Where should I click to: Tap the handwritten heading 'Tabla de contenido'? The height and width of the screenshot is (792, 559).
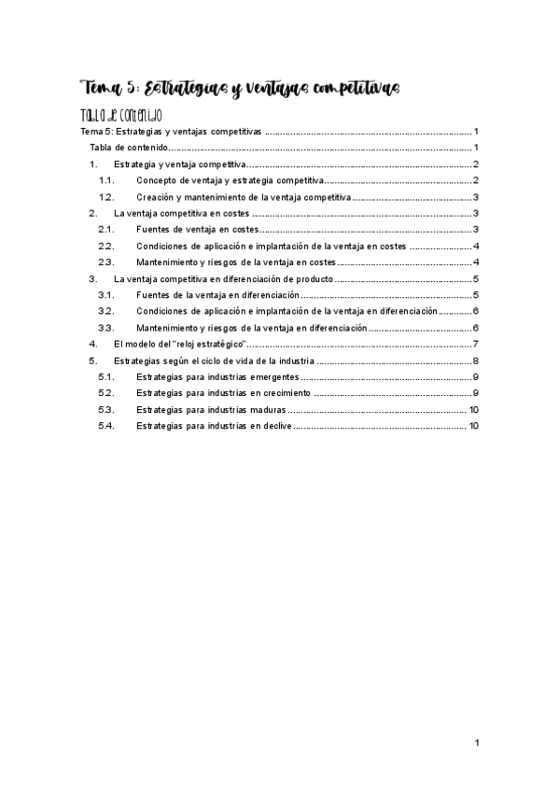122,116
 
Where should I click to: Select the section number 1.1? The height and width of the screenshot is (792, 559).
106,180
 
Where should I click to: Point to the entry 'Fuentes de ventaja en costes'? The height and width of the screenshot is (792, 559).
195,230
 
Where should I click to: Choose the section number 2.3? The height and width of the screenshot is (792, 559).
106,262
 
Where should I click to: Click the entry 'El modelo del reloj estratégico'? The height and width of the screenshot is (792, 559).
179,344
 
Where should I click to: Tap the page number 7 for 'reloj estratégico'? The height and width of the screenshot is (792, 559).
476,344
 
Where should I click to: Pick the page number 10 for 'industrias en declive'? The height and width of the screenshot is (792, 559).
474,426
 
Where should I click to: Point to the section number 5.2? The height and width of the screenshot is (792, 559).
106,393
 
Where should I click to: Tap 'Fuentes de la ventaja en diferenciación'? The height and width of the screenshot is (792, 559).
217,295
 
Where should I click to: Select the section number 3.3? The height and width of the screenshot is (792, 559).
106,328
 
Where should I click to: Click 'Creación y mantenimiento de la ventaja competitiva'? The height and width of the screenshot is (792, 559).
243,197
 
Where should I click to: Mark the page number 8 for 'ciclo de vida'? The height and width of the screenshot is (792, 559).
476,361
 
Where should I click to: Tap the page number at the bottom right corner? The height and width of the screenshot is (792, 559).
476,743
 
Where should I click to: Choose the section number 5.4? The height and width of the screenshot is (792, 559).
106,426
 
